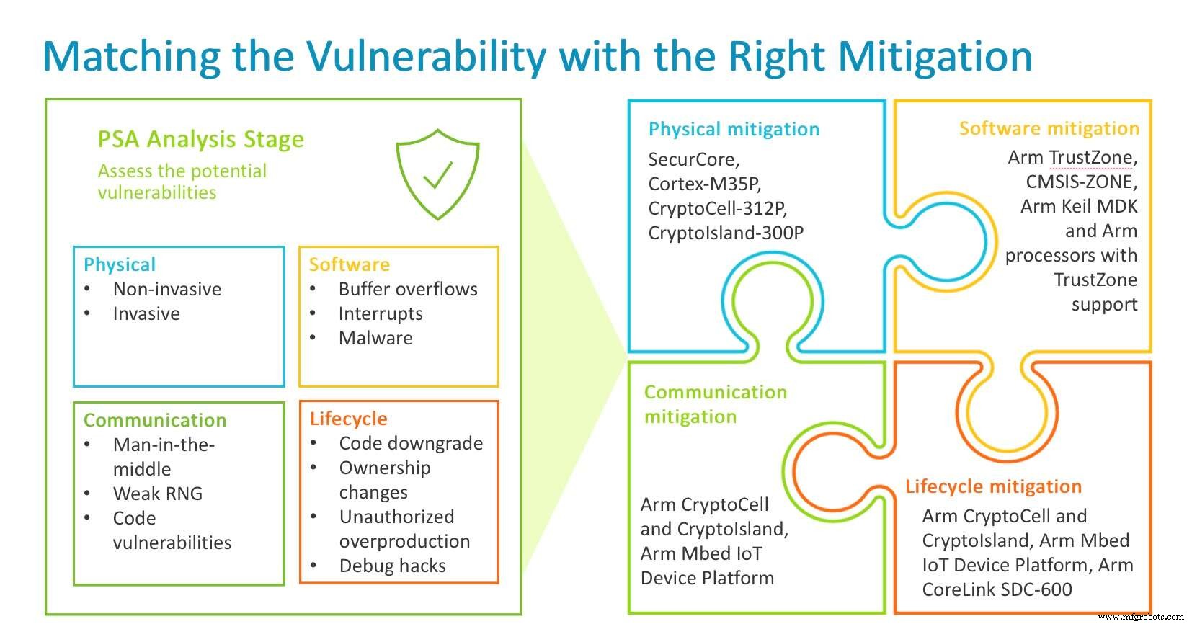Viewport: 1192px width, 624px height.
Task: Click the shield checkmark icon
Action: [437, 174]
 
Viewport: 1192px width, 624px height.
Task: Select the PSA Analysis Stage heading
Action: [200, 139]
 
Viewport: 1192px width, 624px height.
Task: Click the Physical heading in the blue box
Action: [120, 264]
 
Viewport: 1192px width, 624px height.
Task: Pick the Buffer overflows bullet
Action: [408, 289]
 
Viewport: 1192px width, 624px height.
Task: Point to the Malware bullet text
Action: [375, 338]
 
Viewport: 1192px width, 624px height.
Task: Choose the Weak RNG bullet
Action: [158, 494]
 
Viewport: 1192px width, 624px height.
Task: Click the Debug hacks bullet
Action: [393, 566]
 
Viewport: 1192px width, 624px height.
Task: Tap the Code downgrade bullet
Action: [411, 443]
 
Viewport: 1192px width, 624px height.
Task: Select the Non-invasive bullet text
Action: [167, 289]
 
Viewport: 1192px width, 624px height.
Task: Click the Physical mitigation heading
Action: [734, 129]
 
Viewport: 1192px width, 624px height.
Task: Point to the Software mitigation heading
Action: [1049, 128]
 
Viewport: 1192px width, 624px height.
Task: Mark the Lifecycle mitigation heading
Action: [993, 486]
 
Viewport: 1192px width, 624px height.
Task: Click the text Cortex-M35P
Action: [704, 184]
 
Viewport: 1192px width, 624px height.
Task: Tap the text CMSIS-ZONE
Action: [1081, 182]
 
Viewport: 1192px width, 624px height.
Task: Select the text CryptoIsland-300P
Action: [725, 233]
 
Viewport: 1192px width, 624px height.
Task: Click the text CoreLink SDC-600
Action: [997, 589]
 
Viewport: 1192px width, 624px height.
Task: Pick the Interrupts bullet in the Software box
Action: [381, 313]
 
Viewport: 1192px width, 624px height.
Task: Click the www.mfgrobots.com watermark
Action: [1140, 617]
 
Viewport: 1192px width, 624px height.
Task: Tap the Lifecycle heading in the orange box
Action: [348, 419]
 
